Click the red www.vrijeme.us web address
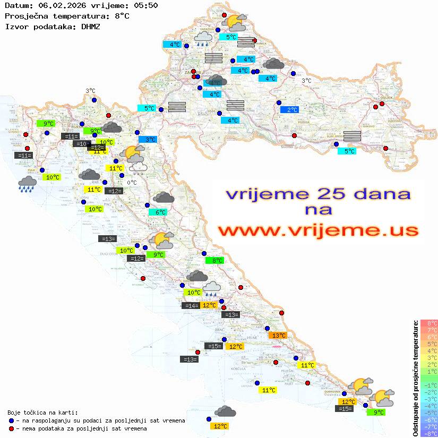[318, 230]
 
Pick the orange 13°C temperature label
[278, 335]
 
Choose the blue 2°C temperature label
[290, 110]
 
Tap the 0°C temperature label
[132, 183]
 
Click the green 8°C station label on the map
[215, 260]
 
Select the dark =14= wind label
[190, 305]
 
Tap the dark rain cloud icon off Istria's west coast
[27, 185]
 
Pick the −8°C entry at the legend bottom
[428, 433]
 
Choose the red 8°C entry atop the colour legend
[428, 323]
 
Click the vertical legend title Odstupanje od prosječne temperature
[415, 378]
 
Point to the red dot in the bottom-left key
[12, 428]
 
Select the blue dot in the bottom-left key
[12, 420]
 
